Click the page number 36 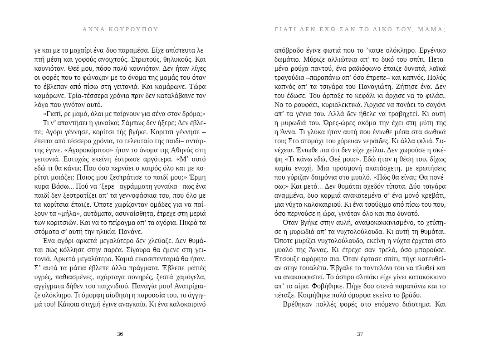120,334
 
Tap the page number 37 360,334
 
